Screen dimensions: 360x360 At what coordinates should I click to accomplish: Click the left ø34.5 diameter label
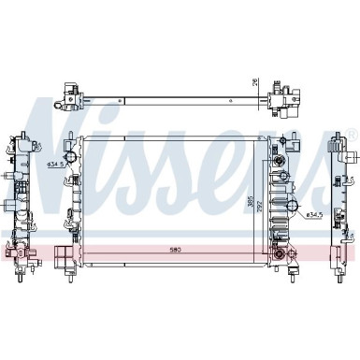[x=54, y=166]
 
